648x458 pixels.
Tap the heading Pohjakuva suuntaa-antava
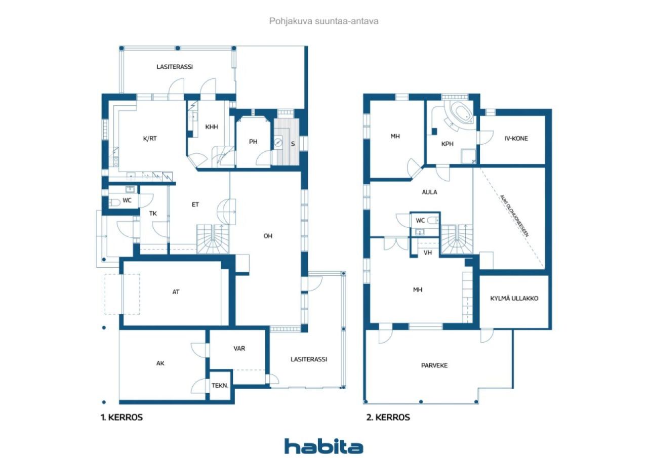tap(323, 21)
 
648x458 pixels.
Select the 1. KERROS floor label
tap(121, 417)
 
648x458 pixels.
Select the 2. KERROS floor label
tap(388, 417)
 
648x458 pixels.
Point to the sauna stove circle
tap(278, 143)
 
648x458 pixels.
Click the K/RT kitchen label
tap(150, 139)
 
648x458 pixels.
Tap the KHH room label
tap(212, 127)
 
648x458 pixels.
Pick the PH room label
tap(253, 141)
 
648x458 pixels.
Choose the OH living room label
tap(268, 236)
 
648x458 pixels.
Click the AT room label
tap(176, 292)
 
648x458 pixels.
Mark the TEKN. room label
tap(220, 386)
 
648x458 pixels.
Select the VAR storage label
tap(239, 348)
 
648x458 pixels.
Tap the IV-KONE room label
tap(516, 139)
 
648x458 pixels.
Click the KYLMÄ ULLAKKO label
tap(514, 298)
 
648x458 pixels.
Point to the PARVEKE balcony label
tap(434, 365)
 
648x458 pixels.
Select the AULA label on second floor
tap(430, 192)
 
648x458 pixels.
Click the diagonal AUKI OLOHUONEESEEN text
tap(515, 216)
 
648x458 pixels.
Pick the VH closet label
tap(428, 253)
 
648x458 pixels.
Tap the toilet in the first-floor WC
tap(114, 202)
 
